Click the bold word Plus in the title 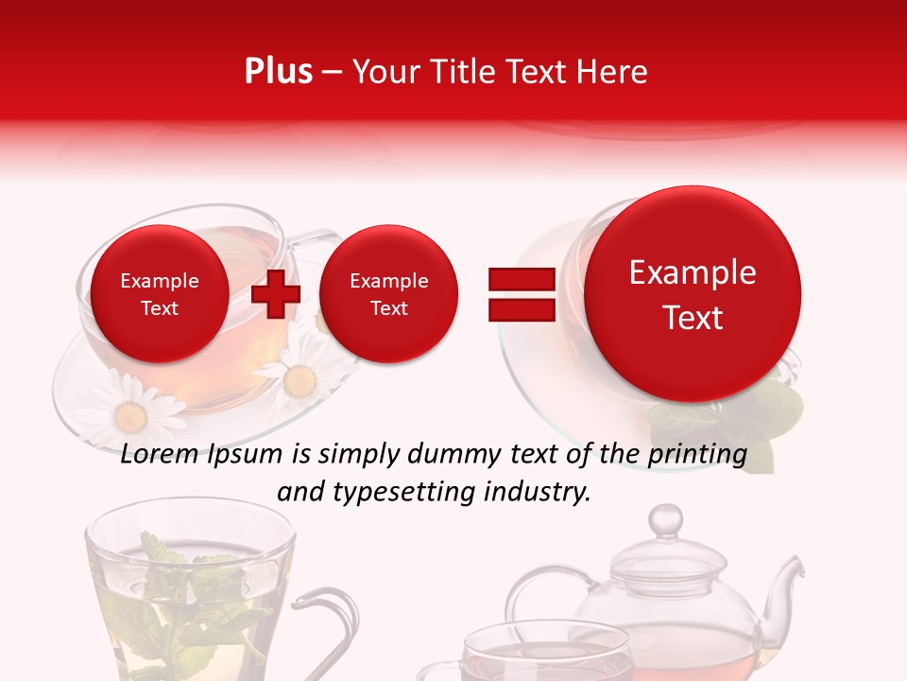[x=278, y=72]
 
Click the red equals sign [x=521, y=294]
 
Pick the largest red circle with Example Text [x=693, y=294]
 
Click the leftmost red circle [x=159, y=294]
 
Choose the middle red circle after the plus [x=388, y=294]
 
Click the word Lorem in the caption [x=156, y=454]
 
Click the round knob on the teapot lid [x=666, y=519]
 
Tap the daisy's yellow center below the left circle [x=128, y=415]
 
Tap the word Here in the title [x=613, y=72]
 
